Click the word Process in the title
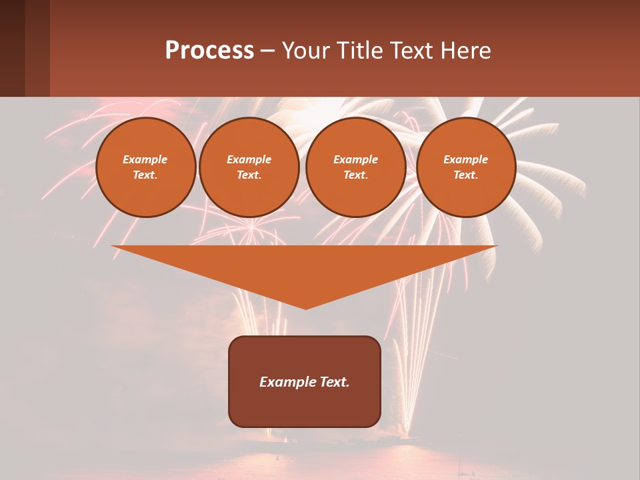209,51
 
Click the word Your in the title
307,51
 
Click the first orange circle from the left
146,167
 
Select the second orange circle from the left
249,167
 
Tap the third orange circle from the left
356,167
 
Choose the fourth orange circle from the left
466,167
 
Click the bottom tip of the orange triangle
305,307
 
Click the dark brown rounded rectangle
305,407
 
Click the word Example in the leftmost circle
145,159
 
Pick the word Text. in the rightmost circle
465,175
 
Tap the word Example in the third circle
355,159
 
